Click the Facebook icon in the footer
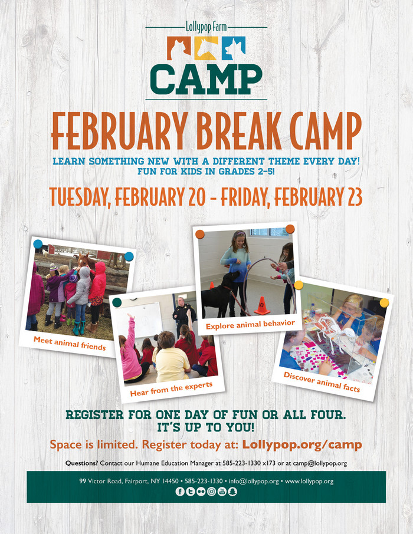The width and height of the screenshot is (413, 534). [x=180, y=492]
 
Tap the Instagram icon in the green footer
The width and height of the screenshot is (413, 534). [x=211, y=492]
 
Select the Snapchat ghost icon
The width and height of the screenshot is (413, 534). [x=232, y=492]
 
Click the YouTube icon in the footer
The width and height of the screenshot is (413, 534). [x=222, y=492]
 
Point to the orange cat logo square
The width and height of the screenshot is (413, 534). [x=179, y=48]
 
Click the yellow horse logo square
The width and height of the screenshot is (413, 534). [x=206, y=48]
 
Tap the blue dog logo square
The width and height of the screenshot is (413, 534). [x=234, y=48]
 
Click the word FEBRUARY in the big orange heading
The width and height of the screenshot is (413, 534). [x=119, y=131]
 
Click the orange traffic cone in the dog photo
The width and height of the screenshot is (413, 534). [x=262, y=305]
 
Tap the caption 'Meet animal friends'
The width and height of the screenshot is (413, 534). [x=70, y=344]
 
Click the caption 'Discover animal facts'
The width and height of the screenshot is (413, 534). [x=322, y=382]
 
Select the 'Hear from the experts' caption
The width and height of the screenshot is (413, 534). [x=171, y=389]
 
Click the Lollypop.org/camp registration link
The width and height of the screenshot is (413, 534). [x=302, y=444]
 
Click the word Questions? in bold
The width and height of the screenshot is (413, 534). [x=82, y=463]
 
